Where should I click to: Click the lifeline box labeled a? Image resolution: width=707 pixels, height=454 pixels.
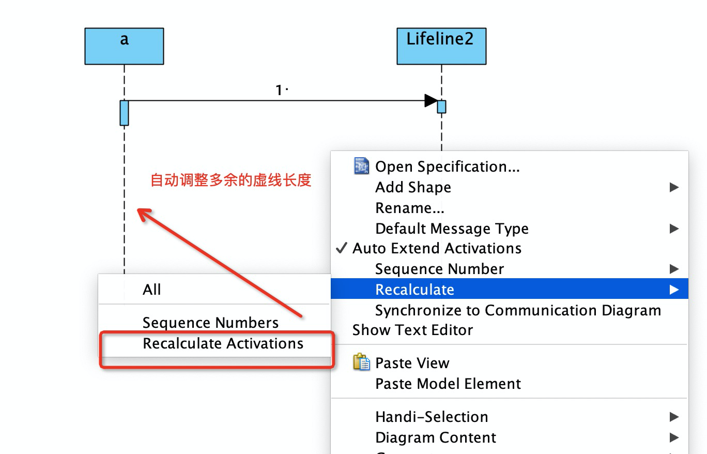click(x=124, y=46)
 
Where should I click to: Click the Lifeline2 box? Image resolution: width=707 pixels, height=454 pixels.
click(x=441, y=46)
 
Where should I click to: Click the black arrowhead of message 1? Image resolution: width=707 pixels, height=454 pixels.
click(x=431, y=101)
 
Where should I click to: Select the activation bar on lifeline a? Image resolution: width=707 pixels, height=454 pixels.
click(x=124, y=113)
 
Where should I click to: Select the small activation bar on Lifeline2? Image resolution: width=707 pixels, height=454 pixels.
click(x=441, y=107)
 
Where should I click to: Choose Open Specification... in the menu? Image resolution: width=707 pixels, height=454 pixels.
click(x=447, y=167)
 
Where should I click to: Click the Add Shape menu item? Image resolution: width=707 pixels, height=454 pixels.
click(x=413, y=187)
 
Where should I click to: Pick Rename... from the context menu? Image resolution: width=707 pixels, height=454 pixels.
click(x=409, y=208)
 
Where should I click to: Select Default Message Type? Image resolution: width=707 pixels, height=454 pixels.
click(x=452, y=229)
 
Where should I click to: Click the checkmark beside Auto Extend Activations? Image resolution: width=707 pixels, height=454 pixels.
click(x=341, y=248)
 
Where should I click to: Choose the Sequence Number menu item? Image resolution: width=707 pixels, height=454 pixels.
click(x=439, y=269)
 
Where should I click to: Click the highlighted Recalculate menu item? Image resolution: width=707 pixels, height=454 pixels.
click(x=414, y=290)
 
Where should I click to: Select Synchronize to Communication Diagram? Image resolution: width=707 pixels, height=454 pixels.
click(x=518, y=310)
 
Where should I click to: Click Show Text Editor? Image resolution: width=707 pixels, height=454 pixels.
click(x=412, y=330)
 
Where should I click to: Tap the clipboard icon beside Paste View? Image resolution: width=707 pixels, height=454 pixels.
click(x=361, y=362)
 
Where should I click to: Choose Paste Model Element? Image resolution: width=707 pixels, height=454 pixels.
click(x=448, y=384)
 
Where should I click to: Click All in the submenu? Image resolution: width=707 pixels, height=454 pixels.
click(x=152, y=290)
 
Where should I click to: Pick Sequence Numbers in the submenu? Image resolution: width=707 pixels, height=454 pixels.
click(x=210, y=323)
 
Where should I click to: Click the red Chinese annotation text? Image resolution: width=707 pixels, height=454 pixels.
click(x=230, y=180)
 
